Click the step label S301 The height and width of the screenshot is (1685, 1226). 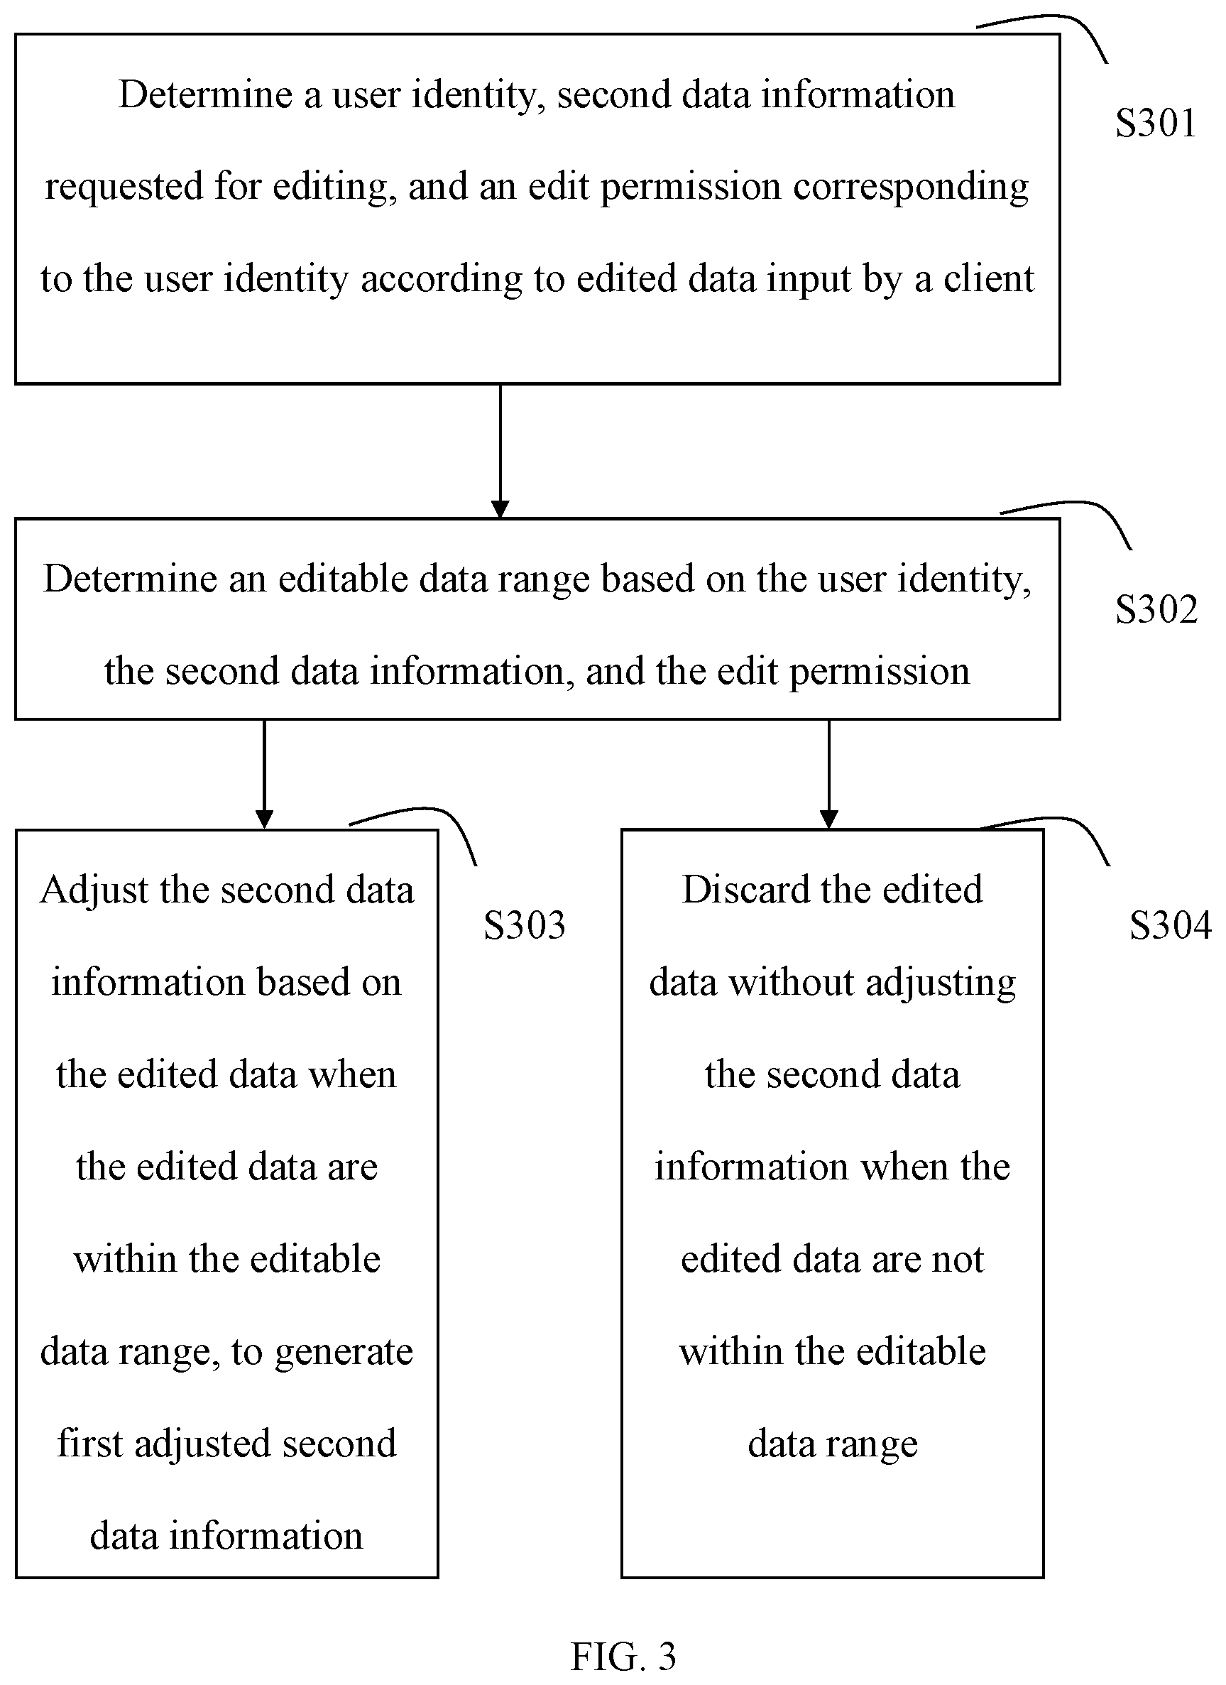pos(1156,124)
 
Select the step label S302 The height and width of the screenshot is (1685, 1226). pos(1156,609)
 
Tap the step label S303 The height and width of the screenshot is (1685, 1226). pos(524,926)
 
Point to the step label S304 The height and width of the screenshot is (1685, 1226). pos(1171,926)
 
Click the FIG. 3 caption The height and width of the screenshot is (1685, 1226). pos(623,1656)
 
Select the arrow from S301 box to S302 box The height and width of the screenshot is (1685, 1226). pos(500,451)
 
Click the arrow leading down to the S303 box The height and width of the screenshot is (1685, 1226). pos(264,774)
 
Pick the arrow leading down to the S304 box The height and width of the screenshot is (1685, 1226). pos(828,774)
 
